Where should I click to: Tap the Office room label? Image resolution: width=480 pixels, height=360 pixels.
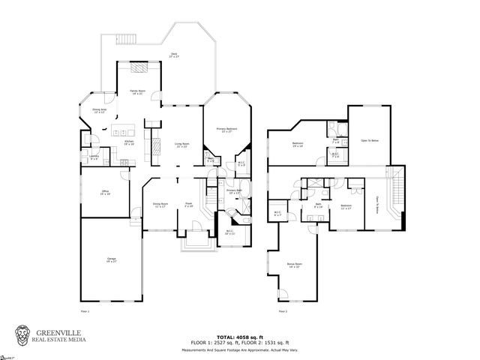pyautogui.click(x=105, y=193)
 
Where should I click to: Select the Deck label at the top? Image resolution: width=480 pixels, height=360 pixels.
pyautogui.click(x=173, y=55)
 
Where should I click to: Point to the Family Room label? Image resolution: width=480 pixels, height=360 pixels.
pyautogui.click(x=137, y=91)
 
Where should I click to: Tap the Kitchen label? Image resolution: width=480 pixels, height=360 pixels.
pyautogui.click(x=128, y=142)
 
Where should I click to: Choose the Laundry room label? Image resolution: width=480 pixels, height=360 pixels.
pyautogui.click(x=94, y=157)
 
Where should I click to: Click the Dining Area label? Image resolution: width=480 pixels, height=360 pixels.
pyautogui.click(x=98, y=111)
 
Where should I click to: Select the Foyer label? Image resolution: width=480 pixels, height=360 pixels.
pyautogui.click(x=190, y=205)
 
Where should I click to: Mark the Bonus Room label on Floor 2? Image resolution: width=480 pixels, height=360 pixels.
pyautogui.click(x=294, y=265)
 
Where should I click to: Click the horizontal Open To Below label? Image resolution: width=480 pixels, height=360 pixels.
pyautogui.click(x=368, y=140)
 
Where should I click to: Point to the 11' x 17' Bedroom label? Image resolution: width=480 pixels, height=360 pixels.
pyautogui.click(x=346, y=206)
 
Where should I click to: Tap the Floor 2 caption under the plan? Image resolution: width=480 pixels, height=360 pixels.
pyautogui.click(x=282, y=310)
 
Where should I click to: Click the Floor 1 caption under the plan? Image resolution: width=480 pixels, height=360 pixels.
pyautogui.click(x=84, y=310)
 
